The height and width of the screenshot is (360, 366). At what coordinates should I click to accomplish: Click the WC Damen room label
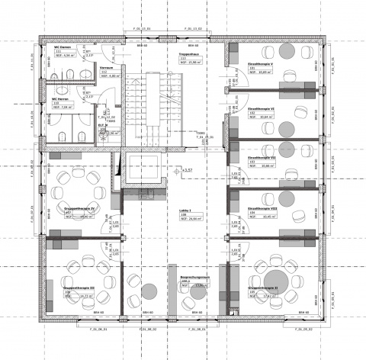click(x=63, y=47)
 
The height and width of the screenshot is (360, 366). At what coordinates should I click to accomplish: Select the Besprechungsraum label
click(x=188, y=280)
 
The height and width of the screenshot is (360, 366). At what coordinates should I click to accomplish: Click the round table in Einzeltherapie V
click(x=287, y=50)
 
